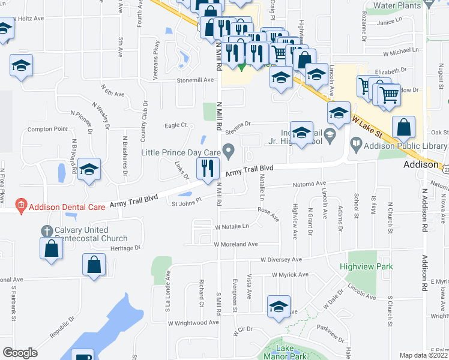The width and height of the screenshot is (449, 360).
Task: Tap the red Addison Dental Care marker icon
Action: (x=20, y=205)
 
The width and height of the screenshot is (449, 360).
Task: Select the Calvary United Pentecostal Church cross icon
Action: (x=46, y=230)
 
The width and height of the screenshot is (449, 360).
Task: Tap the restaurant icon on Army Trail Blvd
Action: (x=208, y=167)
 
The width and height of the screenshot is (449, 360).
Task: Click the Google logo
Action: (x=20, y=353)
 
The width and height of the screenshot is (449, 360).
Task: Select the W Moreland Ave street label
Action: (x=237, y=244)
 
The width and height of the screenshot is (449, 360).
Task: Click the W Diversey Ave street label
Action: (x=282, y=260)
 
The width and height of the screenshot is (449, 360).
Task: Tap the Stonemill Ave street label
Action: (x=195, y=79)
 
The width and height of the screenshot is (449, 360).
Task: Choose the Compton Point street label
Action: (x=48, y=129)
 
